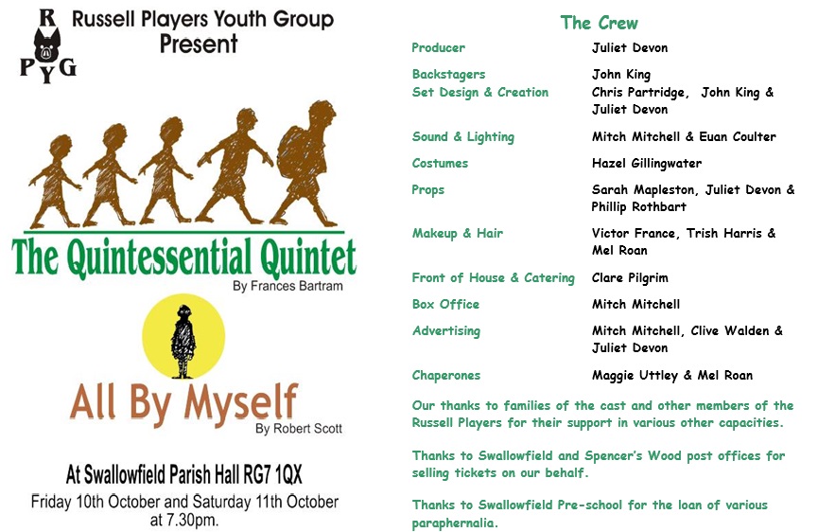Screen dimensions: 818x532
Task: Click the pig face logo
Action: point(47,45)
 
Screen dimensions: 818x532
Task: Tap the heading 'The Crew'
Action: point(599,23)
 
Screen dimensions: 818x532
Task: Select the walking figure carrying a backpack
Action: point(305,163)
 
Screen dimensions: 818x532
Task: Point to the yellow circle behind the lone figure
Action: point(183,336)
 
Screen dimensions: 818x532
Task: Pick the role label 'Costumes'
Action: point(440,163)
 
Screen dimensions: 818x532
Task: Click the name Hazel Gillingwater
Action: point(647,164)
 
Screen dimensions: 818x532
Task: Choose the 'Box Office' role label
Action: point(445,304)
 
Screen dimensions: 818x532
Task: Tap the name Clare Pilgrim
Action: point(630,277)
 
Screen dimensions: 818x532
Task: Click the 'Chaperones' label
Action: point(446,376)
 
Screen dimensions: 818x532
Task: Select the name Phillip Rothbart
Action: point(638,206)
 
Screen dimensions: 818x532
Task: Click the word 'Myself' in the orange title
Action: point(240,403)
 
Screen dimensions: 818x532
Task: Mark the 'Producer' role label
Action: point(438,47)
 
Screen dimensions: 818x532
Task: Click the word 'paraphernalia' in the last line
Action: point(454,523)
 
